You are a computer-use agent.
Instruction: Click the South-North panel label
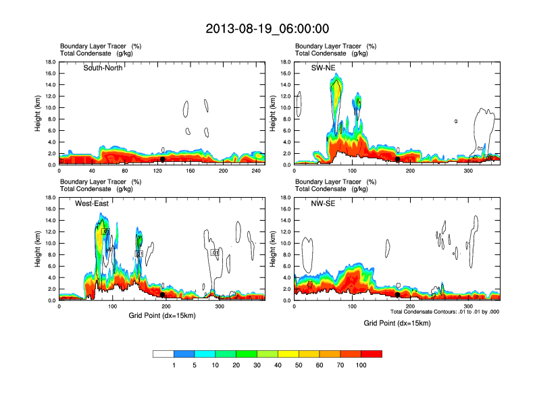point(103,67)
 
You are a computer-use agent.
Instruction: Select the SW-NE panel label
point(323,67)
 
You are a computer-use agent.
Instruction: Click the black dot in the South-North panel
point(162,159)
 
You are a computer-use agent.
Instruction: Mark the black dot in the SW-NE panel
point(398,159)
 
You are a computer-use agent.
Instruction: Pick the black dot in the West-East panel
point(162,295)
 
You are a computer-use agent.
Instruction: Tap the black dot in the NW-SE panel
point(398,295)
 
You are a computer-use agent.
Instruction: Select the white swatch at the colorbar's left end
point(163,354)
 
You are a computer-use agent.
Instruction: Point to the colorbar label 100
point(361,365)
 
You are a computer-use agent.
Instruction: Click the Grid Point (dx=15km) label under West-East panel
point(162,315)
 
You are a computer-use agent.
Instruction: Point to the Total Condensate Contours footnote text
point(444,311)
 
